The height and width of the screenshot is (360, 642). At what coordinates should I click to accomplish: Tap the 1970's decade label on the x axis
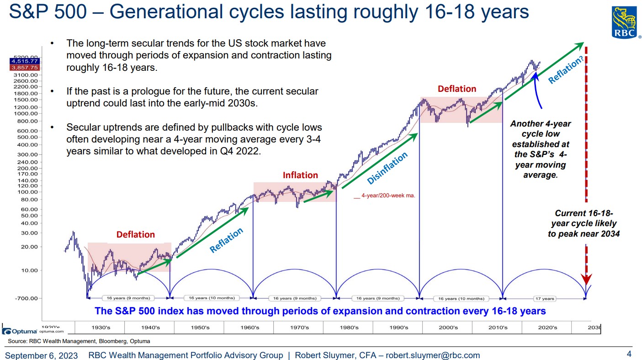coord(300,328)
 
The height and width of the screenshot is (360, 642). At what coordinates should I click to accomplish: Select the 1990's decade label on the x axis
coord(399,328)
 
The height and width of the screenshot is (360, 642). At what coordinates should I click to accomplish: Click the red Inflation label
coord(300,175)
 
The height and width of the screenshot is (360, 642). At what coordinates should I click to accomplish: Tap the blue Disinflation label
coord(387,168)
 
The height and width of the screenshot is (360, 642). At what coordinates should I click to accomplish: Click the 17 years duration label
coord(545,299)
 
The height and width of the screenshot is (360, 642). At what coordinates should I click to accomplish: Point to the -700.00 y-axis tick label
coord(28,298)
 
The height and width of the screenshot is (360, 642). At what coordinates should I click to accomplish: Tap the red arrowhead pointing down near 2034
coord(586,279)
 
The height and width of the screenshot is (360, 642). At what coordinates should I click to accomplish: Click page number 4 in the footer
coord(629,354)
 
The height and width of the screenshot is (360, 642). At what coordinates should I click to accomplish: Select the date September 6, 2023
coord(41,355)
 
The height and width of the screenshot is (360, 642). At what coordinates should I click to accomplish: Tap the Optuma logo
coord(20,331)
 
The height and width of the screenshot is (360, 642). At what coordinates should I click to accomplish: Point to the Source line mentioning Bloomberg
coord(79,341)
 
